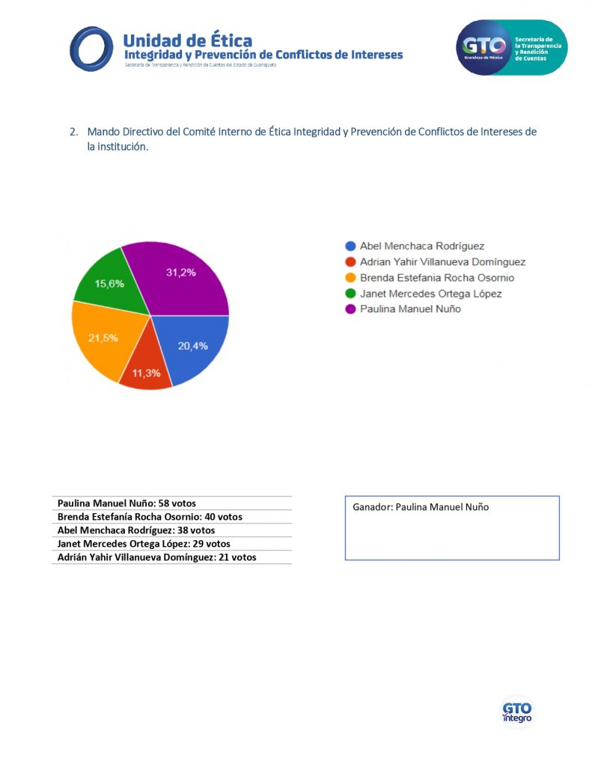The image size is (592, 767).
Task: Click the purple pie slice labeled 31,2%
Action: click(x=183, y=277)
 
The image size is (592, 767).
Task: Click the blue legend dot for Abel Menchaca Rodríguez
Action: click(x=350, y=246)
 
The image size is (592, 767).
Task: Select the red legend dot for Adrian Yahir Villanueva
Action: click(x=350, y=262)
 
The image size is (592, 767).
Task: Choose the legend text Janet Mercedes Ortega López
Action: click(x=430, y=294)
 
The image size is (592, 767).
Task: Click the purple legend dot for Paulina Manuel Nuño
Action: click(x=350, y=309)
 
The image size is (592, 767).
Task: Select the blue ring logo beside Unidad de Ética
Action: click(x=91, y=48)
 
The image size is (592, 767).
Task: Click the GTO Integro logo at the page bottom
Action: click(x=516, y=711)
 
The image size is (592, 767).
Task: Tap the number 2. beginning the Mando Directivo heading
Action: click(x=74, y=132)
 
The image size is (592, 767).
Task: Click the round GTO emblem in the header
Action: click(x=483, y=47)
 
